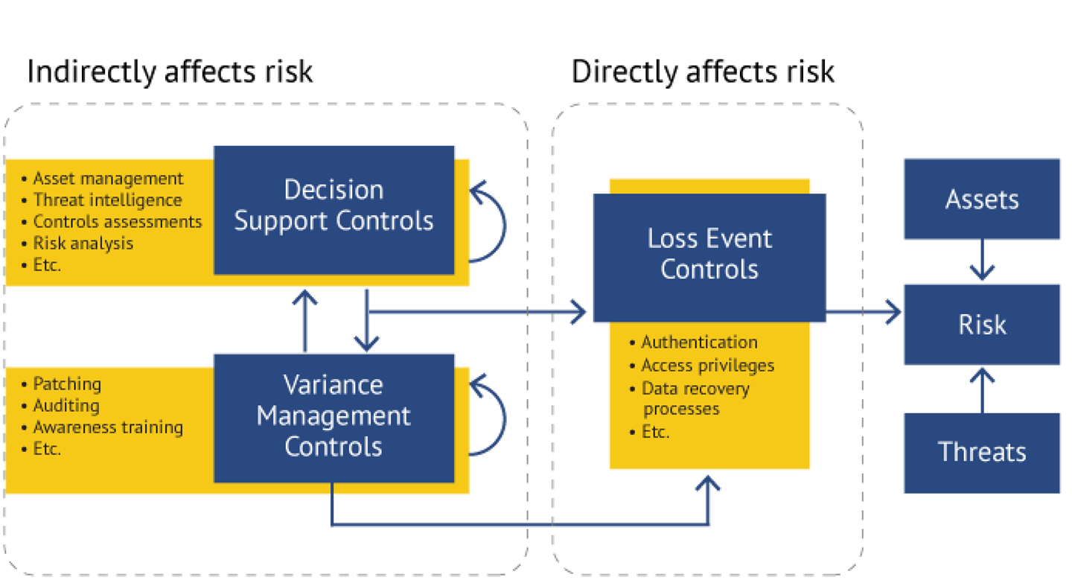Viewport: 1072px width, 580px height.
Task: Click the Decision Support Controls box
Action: point(334,205)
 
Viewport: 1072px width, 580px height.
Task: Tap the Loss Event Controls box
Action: point(709,254)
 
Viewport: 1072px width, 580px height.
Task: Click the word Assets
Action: point(982,200)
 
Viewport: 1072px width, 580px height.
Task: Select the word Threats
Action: point(982,452)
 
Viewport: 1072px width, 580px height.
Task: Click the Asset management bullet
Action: point(108,179)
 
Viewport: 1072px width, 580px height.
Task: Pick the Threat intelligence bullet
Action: point(107,200)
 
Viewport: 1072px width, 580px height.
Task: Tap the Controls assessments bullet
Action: point(118,222)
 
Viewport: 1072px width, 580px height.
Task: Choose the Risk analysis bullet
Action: point(83,243)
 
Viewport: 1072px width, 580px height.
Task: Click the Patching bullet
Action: point(67,384)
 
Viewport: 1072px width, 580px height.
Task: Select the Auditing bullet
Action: point(66,406)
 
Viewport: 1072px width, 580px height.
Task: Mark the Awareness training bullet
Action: point(108,427)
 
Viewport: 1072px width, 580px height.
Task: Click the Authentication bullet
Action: point(699,342)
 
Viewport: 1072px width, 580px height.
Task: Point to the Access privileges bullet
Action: point(707,366)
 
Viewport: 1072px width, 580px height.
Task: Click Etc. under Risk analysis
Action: point(47,265)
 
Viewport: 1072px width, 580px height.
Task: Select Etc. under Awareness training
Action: point(47,449)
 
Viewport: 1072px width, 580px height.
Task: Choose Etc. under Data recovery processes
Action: point(655,432)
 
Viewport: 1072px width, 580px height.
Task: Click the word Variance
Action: point(334,385)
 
